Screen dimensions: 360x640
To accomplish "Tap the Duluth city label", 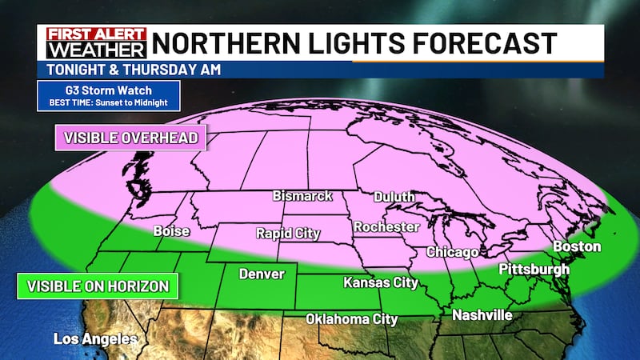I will pos(394,197).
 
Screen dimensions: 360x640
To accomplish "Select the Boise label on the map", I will pos(171,231).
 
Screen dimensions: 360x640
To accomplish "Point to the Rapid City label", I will pos(287,234).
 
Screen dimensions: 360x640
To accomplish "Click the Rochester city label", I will pos(386,227).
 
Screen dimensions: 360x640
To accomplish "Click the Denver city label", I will pos(262,274).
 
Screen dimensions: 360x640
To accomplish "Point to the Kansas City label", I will pos(381,282).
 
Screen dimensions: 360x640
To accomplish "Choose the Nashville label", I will pos(482,315).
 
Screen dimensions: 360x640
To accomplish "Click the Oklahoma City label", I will pos(351,319).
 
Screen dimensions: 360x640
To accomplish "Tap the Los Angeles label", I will pos(95,339).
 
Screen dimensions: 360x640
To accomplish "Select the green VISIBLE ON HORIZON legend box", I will pos(97,286).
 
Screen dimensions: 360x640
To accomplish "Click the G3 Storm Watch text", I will pos(107,90).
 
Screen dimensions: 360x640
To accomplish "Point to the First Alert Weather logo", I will pos(95,42).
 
